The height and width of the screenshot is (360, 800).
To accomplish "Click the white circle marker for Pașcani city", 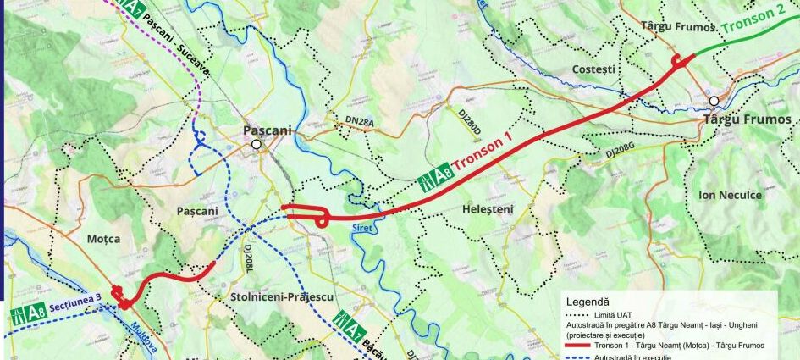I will pyautogui.click(x=256, y=145).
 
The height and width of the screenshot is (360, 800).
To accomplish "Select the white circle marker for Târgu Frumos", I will pyautogui.click(x=714, y=102).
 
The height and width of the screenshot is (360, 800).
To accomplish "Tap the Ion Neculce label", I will pyautogui.click(x=730, y=196).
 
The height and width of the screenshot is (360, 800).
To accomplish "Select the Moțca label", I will pyautogui.click(x=103, y=240).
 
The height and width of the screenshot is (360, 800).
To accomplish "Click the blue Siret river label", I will pyautogui.click(x=363, y=228).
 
